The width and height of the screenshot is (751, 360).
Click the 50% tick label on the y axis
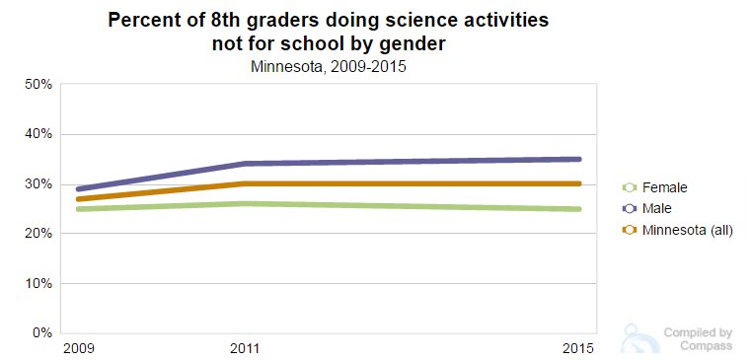tap(38, 84)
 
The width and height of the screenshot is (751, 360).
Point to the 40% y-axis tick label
tap(38, 134)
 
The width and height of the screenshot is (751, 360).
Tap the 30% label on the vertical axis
tap(38, 184)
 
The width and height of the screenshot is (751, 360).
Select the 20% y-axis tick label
tap(38, 234)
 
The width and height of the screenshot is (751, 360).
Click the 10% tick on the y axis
tap(38, 284)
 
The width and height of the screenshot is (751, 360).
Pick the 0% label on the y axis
tap(42, 333)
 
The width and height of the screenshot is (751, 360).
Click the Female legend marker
tap(629, 186)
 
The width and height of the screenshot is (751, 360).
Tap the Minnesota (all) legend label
tap(687, 230)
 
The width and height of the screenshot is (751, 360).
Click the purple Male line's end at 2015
tap(579, 159)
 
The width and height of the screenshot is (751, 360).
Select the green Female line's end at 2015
tap(579, 209)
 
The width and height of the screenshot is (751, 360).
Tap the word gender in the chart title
tap(408, 43)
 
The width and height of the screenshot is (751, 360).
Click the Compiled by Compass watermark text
tap(697, 339)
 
